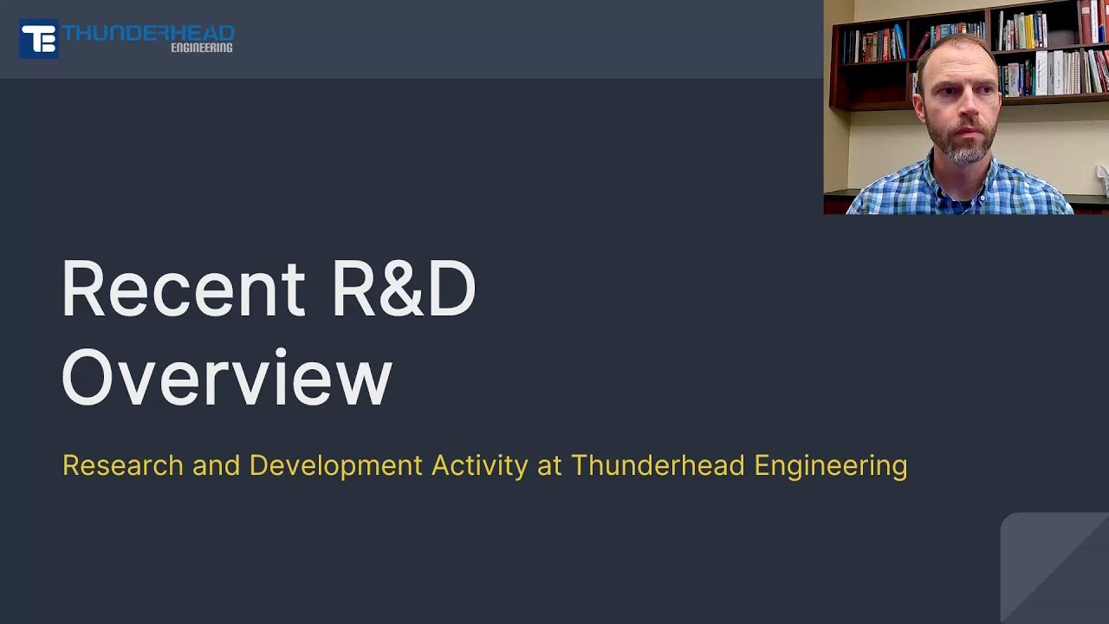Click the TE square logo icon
39,39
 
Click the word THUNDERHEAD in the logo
148,33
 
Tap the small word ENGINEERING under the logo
201,48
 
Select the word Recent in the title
183,289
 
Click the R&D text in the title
404,289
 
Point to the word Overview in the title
227,377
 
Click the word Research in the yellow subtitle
123,465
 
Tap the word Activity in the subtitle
479,466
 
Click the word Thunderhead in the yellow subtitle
658,465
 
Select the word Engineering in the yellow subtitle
830,466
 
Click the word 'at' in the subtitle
549,466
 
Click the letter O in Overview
89,377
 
